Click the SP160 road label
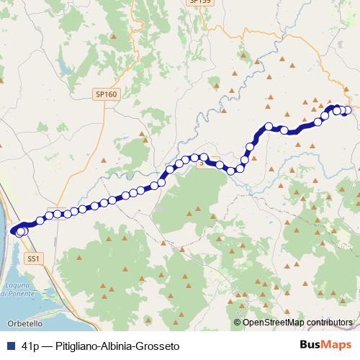pyautogui.click(x=105, y=94)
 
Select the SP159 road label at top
pyautogui.click(x=199, y=2)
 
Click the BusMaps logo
pyautogui.click(x=320, y=346)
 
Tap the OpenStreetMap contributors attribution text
pyautogui.click(x=297, y=323)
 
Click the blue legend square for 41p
pyautogui.click(x=10, y=346)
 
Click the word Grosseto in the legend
pyautogui.click(x=158, y=346)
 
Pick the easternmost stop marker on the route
pyautogui.click(x=348, y=110)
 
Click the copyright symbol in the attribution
pyautogui.click(x=238, y=323)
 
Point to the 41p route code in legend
pyautogui.click(x=30, y=346)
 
